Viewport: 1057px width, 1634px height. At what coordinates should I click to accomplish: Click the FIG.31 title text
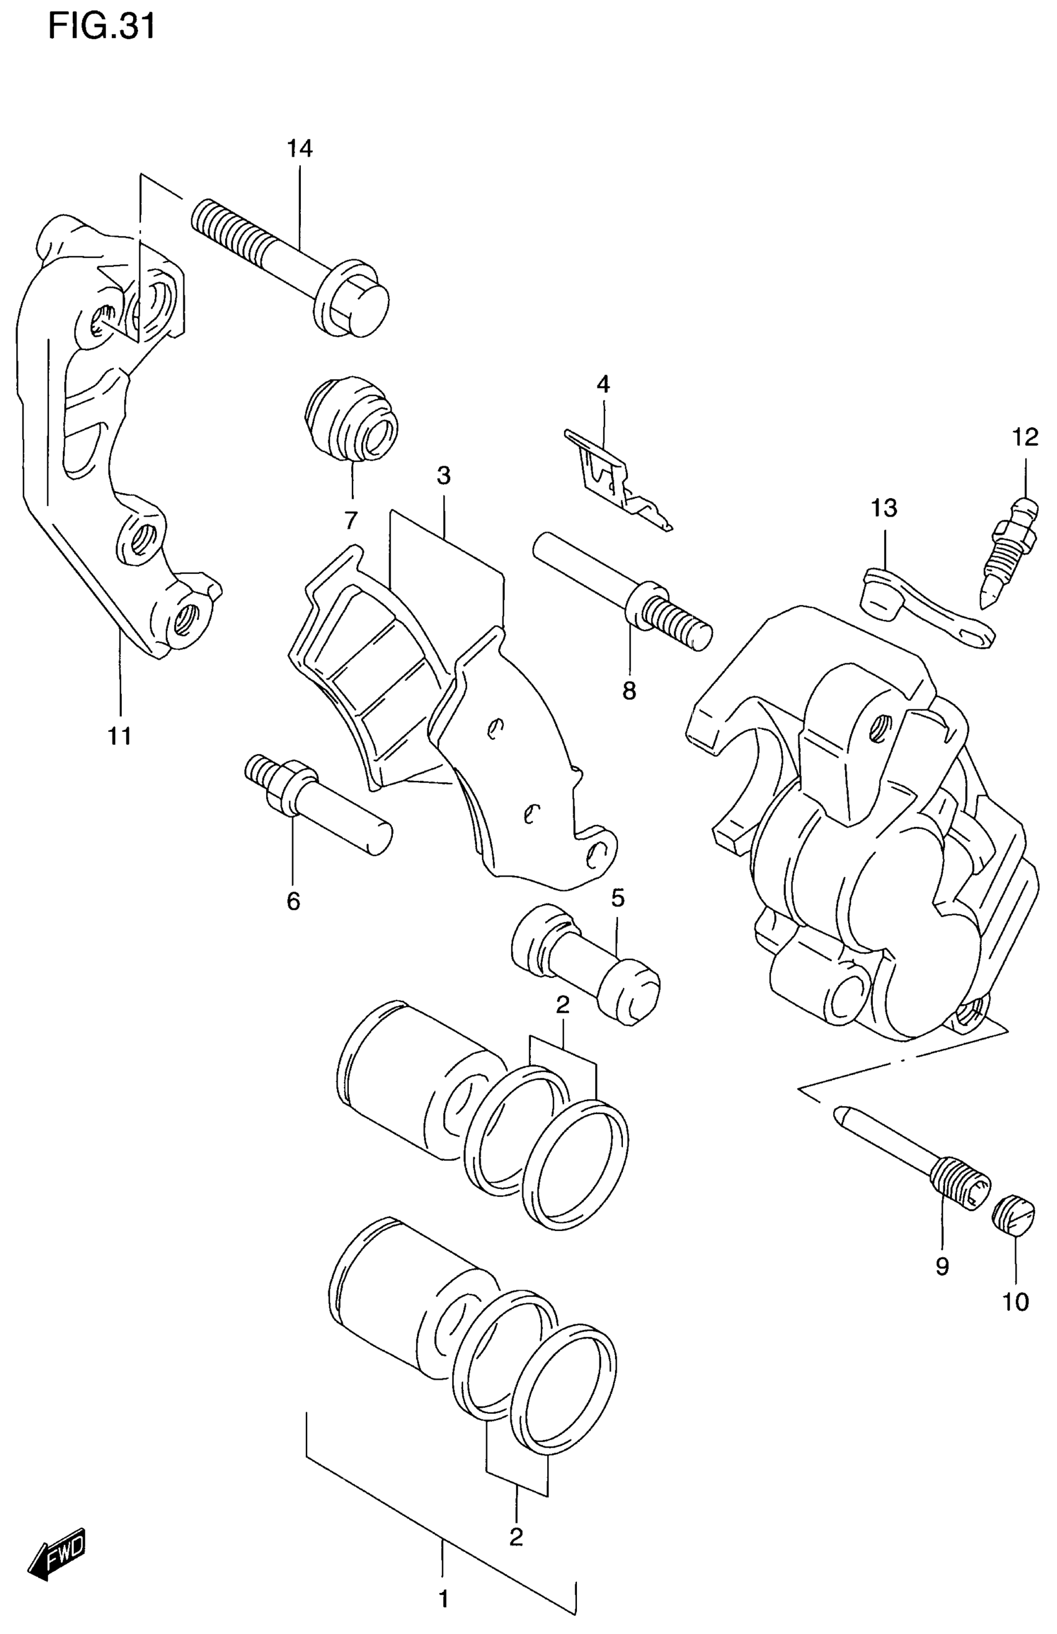pyautogui.click(x=101, y=27)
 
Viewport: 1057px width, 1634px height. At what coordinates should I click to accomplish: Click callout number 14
pyautogui.click(x=299, y=148)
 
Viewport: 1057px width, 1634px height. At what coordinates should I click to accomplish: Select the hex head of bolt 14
pyautogui.click(x=356, y=303)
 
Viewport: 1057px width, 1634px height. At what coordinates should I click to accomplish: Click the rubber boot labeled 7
pyautogui.click(x=351, y=418)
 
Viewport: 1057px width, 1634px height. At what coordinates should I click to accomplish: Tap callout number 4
pyautogui.click(x=602, y=384)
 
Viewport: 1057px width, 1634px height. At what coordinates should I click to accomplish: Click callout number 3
pyautogui.click(x=443, y=476)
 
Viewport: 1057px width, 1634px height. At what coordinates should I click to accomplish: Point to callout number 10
pyautogui.click(x=1016, y=1302)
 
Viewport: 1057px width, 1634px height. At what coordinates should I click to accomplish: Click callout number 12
pyautogui.click(x=1025, y=437)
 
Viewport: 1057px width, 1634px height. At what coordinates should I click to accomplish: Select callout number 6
pyautogui.click(x=293, y=901)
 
